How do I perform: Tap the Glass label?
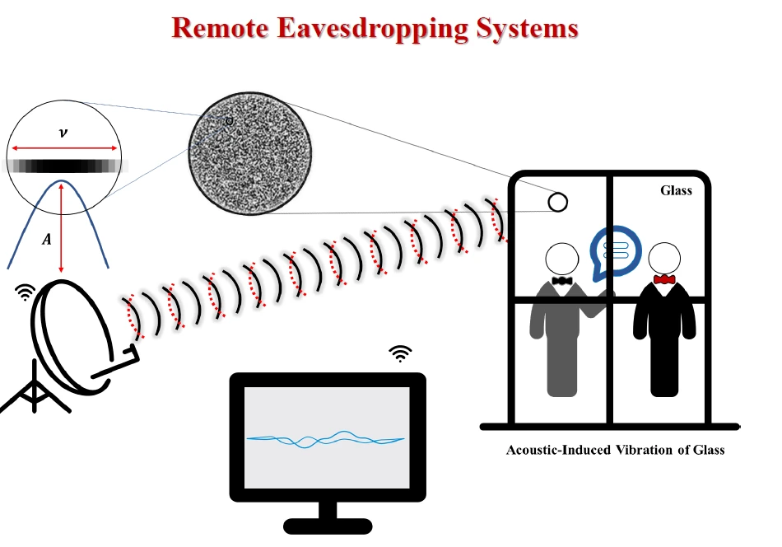(x=676, y=190)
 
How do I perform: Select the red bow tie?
(x=663, y=280)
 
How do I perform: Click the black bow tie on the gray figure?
(x=563, y=281)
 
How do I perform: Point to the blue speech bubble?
(x=615, y=250)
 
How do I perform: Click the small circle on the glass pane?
(x=557, y=202)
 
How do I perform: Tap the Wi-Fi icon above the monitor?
(x=400, y=354)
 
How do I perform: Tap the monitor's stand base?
(x=328, y=525)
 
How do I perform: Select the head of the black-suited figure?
(x=663, y=258)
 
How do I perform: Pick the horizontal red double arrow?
(x=63, y=148)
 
